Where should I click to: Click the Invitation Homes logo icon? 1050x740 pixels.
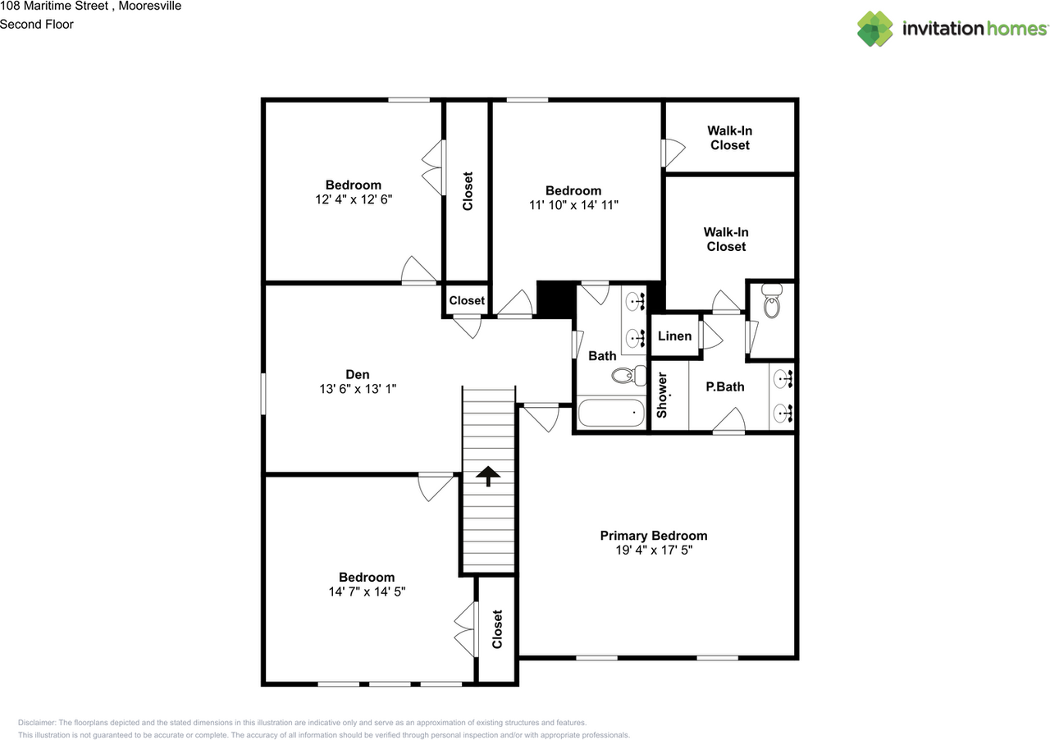tap(875, 29)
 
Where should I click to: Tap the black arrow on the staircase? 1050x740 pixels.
tap(488, 476)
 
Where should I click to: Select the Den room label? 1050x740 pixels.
tap(357, 374)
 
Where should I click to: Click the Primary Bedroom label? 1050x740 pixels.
tap(653, 536)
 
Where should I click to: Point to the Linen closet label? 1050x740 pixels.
tap(675, 336)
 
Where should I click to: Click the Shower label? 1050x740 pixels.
tap(662, 395)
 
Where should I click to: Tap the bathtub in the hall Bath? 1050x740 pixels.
tap(611, 412)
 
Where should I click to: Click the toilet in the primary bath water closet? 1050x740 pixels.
tap(771, 302)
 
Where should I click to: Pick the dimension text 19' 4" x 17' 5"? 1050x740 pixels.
tap(653, 551)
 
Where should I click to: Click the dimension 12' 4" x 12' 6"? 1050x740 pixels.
tap(353, 199)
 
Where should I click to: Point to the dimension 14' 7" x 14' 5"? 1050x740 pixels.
tap(367, 592)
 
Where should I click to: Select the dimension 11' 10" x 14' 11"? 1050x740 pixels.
tap(573, 205)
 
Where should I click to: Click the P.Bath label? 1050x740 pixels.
tap(724, 386)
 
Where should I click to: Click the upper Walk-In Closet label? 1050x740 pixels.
tap(729, 138)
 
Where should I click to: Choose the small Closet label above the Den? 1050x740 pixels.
tap(467, 300)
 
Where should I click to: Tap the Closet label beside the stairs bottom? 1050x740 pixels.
tap(497, 629)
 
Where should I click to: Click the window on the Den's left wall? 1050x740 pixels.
tap(263, 394)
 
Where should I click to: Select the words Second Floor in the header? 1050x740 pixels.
tap(37, 24)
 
